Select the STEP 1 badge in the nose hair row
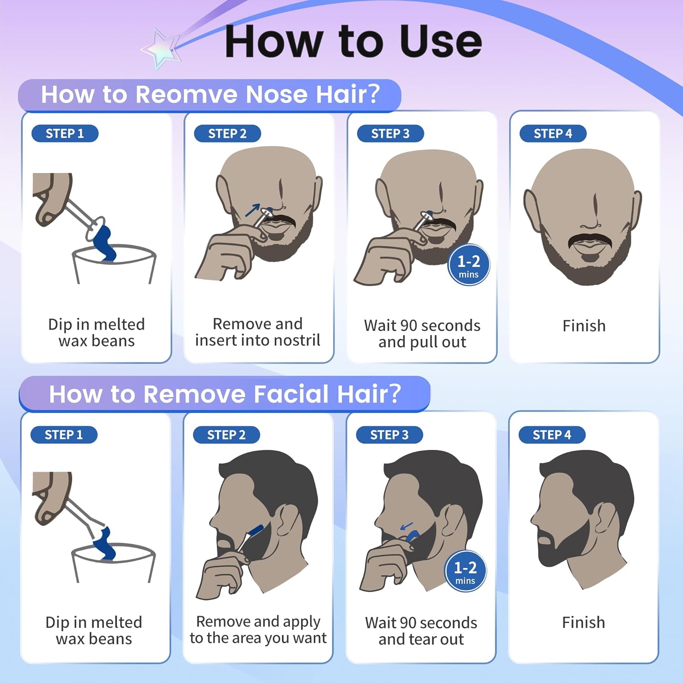tap(65, 133)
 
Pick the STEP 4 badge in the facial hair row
tap(552, 435)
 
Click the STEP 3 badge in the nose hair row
tap(390, 133)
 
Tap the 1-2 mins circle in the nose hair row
tap(469, 265)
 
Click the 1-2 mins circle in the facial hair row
tap(465, 571)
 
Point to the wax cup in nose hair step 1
tap(114, 265)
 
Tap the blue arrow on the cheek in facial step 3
tap(406, 526)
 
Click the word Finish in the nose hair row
tap(584, 326)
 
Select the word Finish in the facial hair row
tap(584, 622)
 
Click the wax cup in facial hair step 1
tap(113, 563)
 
